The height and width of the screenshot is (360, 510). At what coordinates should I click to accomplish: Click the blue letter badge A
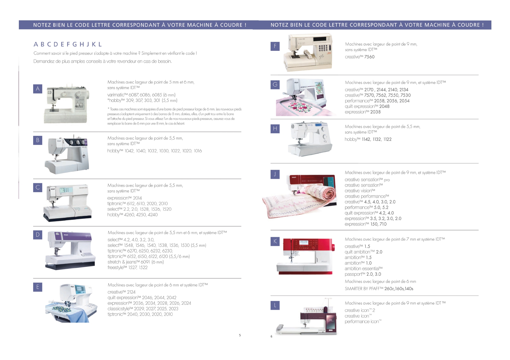click(38, 89)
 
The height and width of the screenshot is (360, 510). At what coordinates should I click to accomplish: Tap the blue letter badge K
click(275, 241)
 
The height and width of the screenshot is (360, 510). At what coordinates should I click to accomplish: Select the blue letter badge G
click(275, 84)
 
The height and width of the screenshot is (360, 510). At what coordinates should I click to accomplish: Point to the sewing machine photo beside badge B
click(67, 154)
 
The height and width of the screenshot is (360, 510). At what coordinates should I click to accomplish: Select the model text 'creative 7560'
click(360, 57)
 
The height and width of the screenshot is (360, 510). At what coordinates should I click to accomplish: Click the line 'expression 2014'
click(124, 198)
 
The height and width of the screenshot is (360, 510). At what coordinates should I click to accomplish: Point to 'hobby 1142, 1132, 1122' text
click(368, 139)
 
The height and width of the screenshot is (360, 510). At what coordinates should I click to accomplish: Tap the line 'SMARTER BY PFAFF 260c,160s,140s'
click(379, 289)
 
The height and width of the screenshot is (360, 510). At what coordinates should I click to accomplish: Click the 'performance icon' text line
click(363, 321)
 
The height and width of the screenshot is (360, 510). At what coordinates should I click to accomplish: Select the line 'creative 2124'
click(121, 292)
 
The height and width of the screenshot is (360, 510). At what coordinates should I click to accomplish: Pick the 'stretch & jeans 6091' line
click(136, 262)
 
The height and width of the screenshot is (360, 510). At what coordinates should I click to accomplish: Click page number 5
click(240, 335)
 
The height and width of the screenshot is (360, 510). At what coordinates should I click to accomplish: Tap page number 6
click(271, 336)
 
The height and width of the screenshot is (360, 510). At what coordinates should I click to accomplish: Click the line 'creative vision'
click(360, 191)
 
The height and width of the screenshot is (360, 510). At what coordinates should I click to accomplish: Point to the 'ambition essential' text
click(364, 269)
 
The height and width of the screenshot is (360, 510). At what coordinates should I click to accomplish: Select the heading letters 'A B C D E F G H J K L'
click(68, 44)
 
